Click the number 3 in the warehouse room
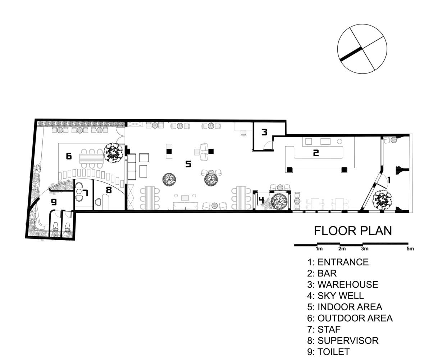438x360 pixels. (264, 132)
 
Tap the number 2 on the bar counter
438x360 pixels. (316, 153)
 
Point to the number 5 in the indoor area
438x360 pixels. (188, 164)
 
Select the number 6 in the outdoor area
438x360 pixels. (69, 156)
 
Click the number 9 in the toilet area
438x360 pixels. (54, 202)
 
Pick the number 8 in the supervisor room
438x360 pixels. (109, 190)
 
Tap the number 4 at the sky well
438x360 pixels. (261, 200)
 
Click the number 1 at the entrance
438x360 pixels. (389, 180)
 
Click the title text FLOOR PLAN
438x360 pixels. (353, 231)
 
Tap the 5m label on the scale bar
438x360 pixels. (410, 249)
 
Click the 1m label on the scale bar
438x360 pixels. (319, 249)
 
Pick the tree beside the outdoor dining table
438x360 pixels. (113, 153)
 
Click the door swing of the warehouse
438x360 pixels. (268, 145)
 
